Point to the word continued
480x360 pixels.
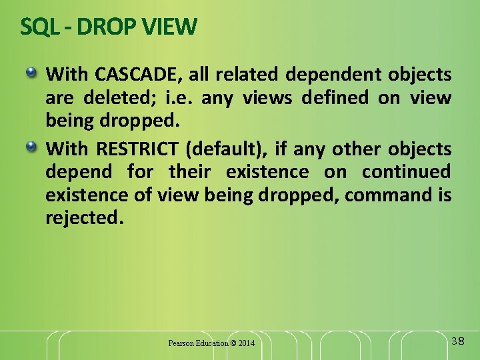tap(406, 172)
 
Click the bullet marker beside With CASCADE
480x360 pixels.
tap(32, 71)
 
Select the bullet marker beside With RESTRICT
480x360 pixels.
tap(32, 145)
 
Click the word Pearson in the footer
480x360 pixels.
tap(181, 343)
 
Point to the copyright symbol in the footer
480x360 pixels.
tap(233, 343)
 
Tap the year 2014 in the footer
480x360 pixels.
tap(247, 343)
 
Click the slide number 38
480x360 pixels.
tap(458, 341)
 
